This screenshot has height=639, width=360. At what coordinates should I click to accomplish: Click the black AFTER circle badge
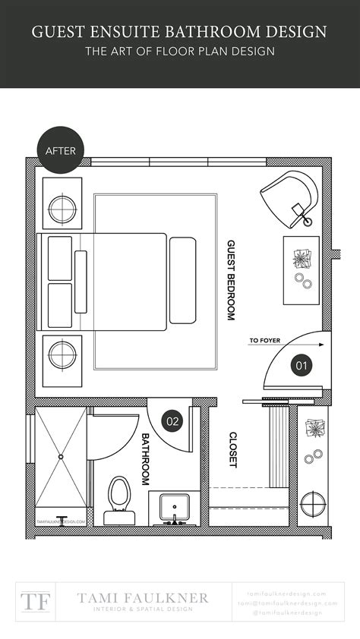[61, 150]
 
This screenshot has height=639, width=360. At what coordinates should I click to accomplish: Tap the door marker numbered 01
[302, 365]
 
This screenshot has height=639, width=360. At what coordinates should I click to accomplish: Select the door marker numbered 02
[172, 419]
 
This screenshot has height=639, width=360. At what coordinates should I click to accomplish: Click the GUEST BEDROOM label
[232, 281]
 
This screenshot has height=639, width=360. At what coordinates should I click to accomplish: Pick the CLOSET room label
[233, 449]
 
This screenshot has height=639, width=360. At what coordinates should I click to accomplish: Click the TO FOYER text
[265, 341]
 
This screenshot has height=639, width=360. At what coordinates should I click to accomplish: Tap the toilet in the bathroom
[119, 499]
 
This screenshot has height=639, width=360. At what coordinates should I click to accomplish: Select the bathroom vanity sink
[175, 506]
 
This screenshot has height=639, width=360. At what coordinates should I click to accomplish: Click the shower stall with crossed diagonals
[62, 458]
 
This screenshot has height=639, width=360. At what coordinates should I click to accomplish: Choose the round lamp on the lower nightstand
[62, 354]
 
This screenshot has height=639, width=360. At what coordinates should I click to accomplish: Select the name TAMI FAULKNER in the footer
[143, 597]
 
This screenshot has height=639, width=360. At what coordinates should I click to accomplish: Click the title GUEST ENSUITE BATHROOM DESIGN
[180, 32]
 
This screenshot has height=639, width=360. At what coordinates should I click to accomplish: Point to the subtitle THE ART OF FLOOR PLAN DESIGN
[180, 52]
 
